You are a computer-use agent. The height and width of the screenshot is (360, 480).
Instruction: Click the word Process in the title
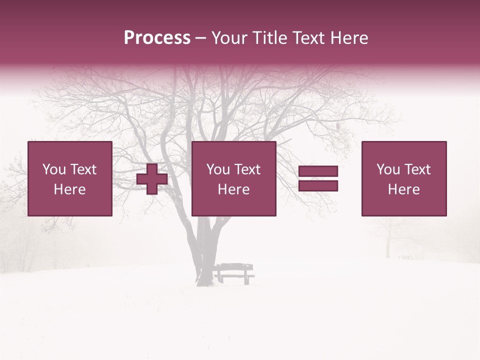tap(157, 38)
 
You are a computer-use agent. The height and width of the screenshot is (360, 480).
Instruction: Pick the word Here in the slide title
tap(349, 38)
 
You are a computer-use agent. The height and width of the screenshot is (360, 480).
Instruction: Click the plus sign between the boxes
tap(152, 179)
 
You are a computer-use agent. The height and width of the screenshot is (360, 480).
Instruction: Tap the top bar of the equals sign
tap(318, 171)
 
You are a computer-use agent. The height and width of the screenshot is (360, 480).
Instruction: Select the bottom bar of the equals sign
tap(318, 185)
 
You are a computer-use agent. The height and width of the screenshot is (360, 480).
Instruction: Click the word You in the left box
tap(54, 169)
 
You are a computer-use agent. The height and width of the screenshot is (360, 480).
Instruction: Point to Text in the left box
tap(83, 169)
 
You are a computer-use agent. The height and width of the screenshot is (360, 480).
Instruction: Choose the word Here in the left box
tap(69, 189)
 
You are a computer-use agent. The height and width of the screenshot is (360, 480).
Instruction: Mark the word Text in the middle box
tap(247, 169)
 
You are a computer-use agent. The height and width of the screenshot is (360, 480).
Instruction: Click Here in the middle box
tap(233, 189)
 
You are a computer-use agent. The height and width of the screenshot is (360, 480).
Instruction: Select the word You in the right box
tap(388, 169)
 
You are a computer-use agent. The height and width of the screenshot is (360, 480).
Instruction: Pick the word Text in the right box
tap(417, 169)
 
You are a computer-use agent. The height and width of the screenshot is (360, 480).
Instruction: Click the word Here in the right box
tap(403, 189)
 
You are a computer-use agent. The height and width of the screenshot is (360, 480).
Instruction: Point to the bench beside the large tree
tap(234, 272)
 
